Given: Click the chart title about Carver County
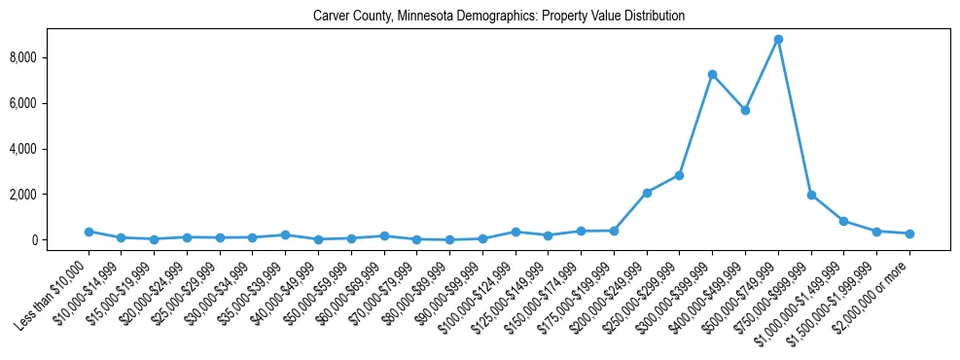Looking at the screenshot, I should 499,17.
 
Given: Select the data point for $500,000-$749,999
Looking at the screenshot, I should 778,40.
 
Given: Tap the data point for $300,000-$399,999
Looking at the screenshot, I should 712,74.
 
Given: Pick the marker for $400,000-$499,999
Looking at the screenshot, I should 745,111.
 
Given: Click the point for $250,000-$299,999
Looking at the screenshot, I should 679,175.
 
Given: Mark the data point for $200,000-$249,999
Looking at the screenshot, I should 647,193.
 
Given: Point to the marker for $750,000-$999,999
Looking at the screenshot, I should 811,195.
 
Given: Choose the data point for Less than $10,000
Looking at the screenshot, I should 89,232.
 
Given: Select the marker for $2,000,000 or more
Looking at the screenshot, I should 909,234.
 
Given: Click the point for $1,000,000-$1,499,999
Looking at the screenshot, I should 843,221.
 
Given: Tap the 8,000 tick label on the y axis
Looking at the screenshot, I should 51,57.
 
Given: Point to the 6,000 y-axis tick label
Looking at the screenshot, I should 51,103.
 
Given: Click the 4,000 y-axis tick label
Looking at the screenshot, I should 51,149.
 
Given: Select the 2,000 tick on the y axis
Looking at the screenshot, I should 51,195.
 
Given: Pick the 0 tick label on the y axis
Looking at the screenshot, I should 60,240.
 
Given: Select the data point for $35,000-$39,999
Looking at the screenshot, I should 285,234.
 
